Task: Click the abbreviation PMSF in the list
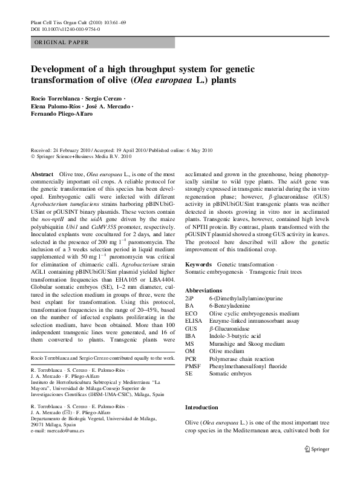(x=193, y=366)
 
